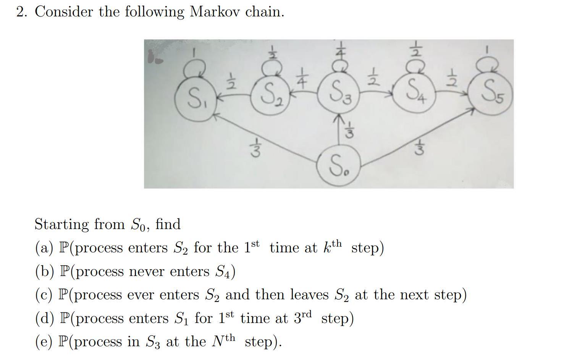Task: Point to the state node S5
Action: point(491,94)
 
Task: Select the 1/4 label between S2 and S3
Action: point(302,78)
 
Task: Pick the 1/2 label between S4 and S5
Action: point(452,78)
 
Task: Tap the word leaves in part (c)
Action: point(309,295)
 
